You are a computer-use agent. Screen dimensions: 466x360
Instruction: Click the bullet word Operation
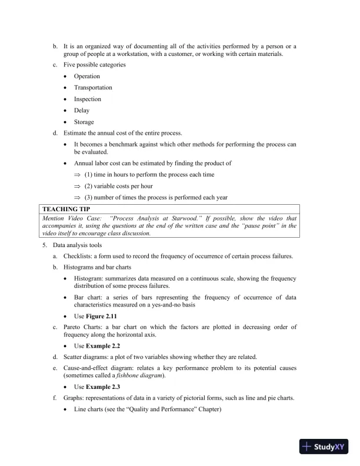tap(87, 76)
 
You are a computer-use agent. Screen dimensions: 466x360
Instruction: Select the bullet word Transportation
tap(93, 88)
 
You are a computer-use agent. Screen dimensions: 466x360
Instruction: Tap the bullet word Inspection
tap(88, 99)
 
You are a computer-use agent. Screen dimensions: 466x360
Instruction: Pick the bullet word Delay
tap(82, 111)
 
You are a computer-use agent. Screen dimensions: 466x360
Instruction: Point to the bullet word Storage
tap(84, 122)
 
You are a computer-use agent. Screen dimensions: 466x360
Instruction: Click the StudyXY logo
tap(324, 447)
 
